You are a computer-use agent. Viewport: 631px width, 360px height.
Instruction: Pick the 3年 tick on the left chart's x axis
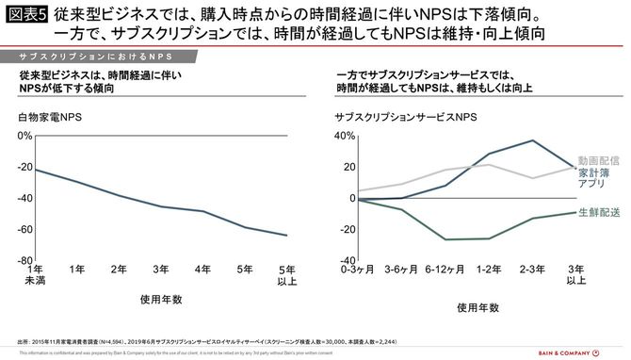tap(163, 270)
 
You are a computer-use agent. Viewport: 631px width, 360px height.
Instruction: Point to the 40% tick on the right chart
tap(343, 136)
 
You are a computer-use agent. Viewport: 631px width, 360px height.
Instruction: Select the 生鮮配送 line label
tap(599, 213)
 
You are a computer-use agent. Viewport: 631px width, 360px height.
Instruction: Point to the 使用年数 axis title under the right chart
tap(478, 307)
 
